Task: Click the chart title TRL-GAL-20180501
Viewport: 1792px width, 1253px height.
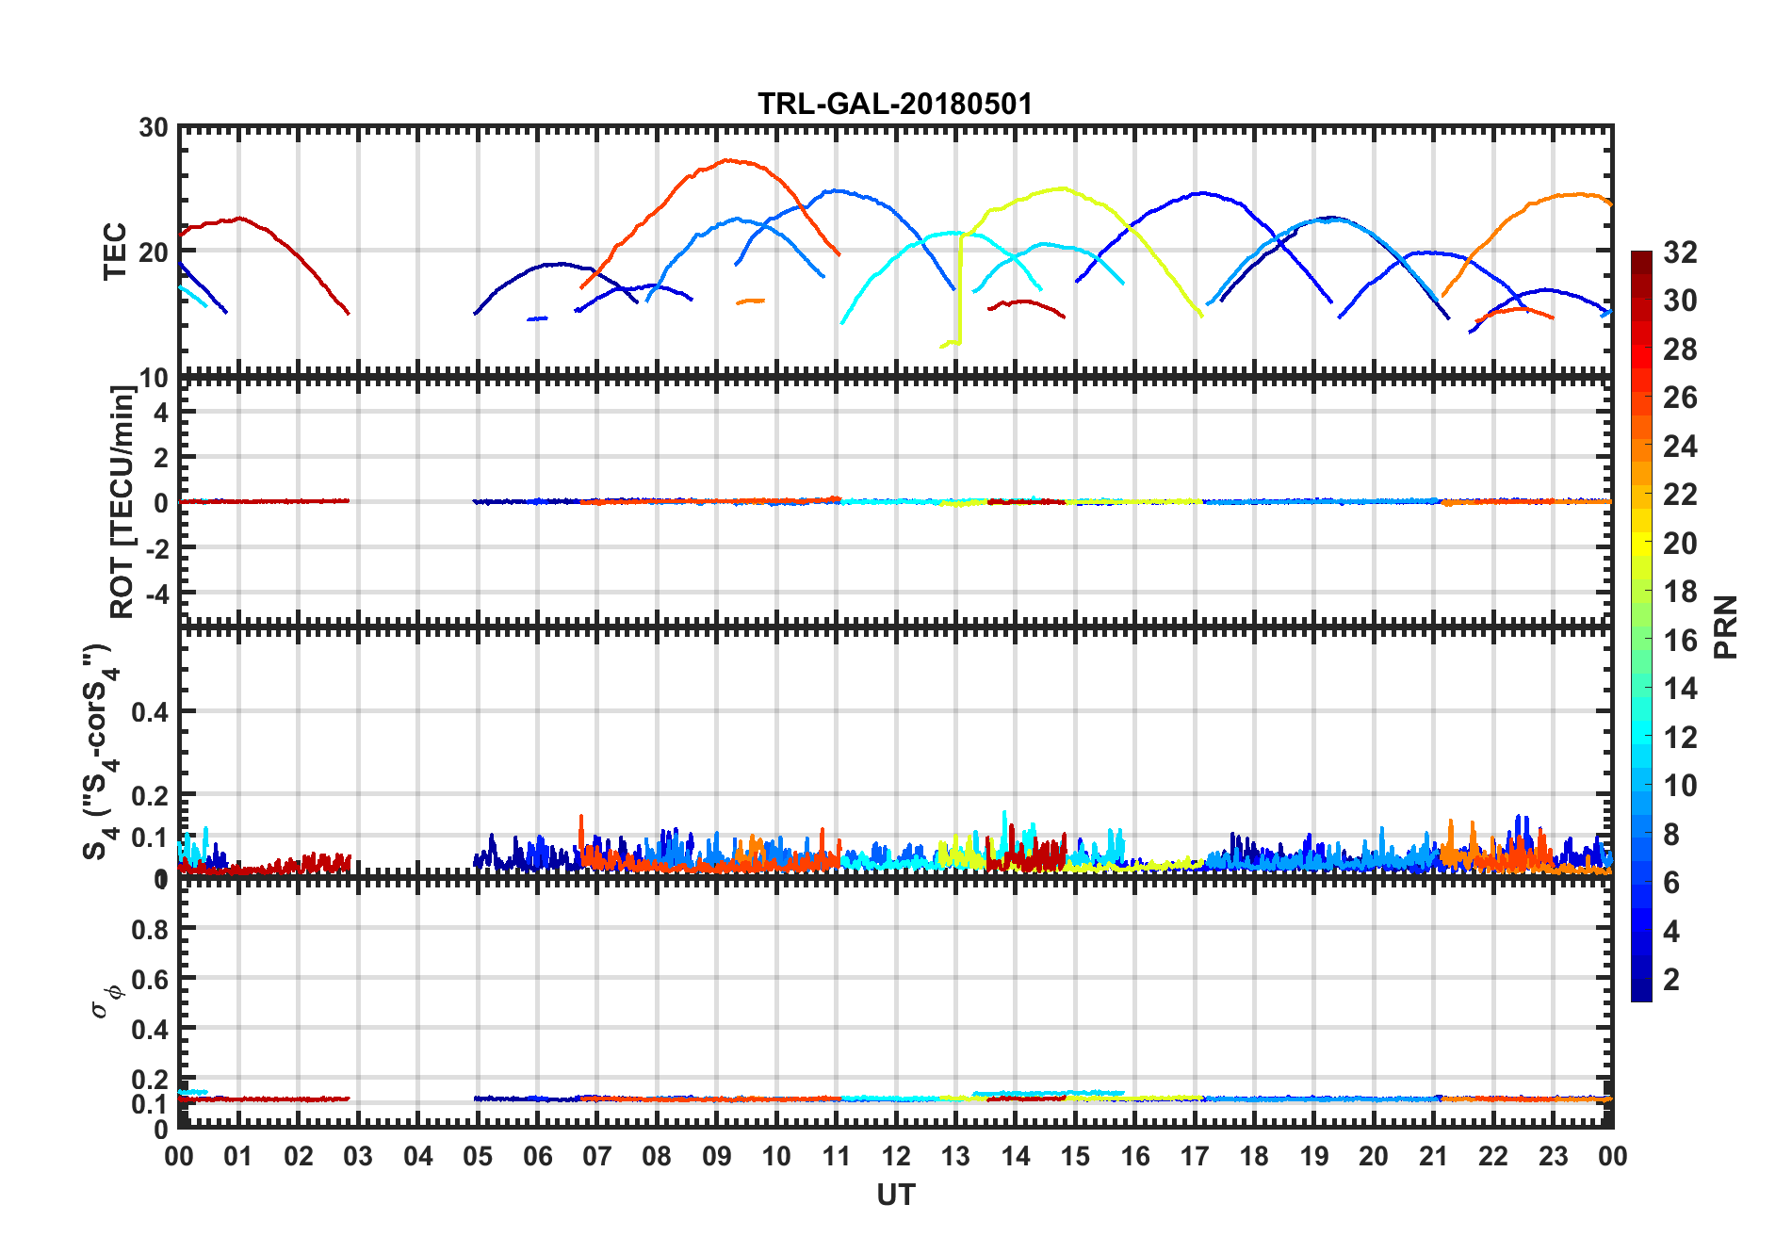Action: [x=895, y=104]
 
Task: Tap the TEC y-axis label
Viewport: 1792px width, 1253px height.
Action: [x=115, y=252]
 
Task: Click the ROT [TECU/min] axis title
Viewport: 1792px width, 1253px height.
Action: [x=122, y=501]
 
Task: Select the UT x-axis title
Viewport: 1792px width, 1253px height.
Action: [x=895, y=1195]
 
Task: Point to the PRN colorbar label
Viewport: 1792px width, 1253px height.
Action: [x=1726, y=626]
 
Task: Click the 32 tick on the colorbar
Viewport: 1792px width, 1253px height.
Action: [x=1680, y=252]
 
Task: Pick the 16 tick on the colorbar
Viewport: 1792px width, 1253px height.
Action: [x=1680, y=641]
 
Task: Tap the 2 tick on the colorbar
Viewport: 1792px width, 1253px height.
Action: [x=1671, y=980]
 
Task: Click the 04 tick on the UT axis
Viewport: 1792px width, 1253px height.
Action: [x=418, y=1156]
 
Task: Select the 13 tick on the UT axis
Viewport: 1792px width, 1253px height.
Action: [x=955, y=1156]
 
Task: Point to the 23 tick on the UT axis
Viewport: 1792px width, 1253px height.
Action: [x=1553, y=1156]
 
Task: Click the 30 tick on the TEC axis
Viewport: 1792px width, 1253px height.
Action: [x=154, y=128]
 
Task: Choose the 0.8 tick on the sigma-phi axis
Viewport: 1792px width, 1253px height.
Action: [x=151, y=929]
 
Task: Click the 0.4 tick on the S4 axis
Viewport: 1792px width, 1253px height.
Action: [x=151, y=712]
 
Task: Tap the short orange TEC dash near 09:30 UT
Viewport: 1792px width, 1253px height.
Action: [x=751, y=301]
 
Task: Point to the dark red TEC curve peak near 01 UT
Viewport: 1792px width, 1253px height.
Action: [x=240, y=219]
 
